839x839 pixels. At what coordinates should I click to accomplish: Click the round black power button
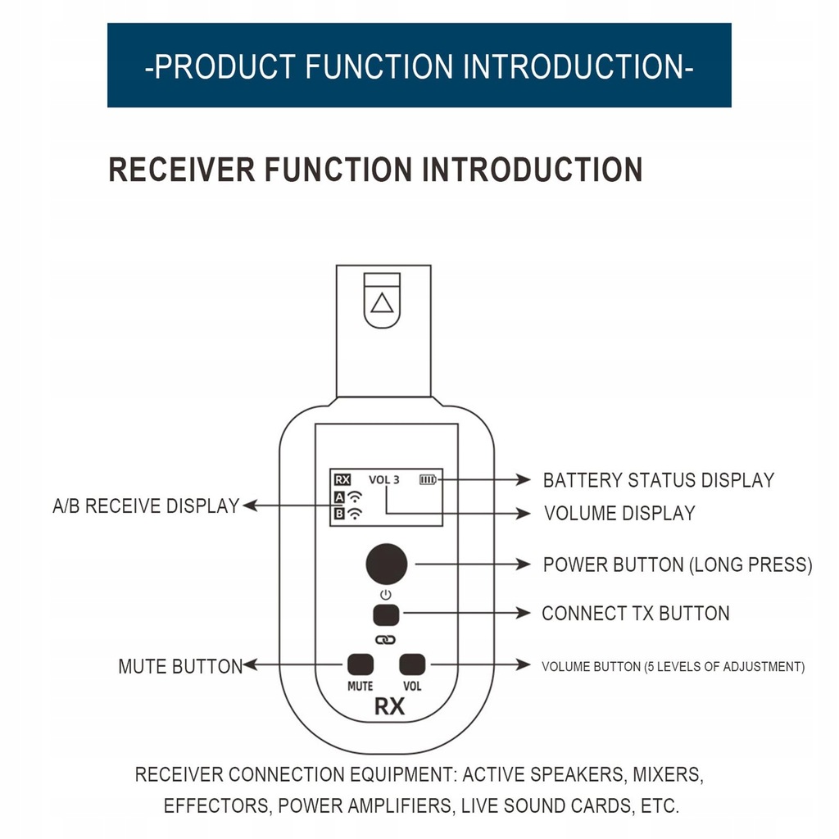[386, 564]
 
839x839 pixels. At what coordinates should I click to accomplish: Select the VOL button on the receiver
[412, 664]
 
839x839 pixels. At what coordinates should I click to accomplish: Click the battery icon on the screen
[429, 479]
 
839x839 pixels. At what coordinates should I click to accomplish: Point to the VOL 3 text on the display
[384, 479]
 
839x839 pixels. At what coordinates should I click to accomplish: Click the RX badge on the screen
[342, 479]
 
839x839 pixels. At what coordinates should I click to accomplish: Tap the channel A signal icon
[348, 497]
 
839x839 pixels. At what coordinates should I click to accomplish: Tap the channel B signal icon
[348, 515]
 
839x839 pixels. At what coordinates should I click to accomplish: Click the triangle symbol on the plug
[381, 304]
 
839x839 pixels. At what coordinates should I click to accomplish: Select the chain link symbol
[385, 638]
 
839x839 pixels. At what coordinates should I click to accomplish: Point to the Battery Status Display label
[658, 480]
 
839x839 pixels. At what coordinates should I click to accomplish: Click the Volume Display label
[619, 514]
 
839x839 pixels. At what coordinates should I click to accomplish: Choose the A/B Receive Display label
[146, 506]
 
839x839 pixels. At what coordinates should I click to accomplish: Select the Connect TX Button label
[635, 614]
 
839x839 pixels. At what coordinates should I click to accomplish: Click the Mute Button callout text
[180, 666]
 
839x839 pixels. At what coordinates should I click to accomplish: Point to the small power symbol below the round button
[386, 593]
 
